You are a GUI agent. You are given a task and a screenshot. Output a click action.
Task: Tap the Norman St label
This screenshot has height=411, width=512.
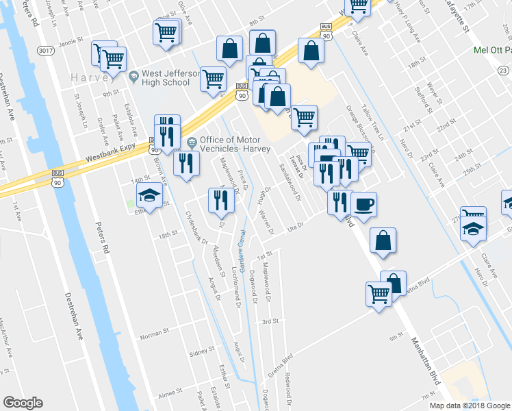(x=154, y=331)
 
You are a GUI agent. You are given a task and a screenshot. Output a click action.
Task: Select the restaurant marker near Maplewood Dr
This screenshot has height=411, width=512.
(x=218, y=200)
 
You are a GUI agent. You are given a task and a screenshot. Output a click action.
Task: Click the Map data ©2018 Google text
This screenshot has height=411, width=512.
(x=469, y=406)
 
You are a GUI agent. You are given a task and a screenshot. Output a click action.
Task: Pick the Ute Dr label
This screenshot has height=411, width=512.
(x=295, y=229)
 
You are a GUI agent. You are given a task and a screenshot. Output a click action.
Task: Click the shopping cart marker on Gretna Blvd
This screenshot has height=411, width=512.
(x=379, y=294)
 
